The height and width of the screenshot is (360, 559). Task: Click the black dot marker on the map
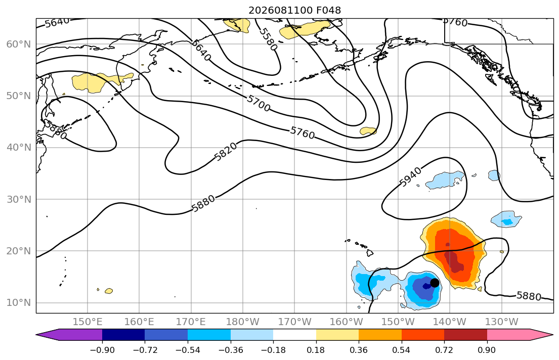tap(435, 283)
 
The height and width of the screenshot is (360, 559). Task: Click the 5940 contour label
tap(410, 176)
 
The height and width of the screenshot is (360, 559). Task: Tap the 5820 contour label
tap(226, 152)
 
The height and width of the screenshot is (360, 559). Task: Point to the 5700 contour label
tap(259, 103)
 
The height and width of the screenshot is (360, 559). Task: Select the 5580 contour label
tap(268, 39)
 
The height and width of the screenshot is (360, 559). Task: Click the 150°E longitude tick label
tap(88, 322)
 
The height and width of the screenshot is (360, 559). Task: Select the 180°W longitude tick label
tap(243, 322)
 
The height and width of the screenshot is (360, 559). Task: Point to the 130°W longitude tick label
tap(502, 322)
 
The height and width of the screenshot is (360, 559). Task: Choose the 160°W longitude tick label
tap(346, 322)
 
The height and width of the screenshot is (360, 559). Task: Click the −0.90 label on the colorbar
tap(102, 350)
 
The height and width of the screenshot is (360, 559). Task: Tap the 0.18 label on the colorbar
tap(316, 350)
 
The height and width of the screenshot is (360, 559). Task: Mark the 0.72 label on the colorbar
tap(444, 350)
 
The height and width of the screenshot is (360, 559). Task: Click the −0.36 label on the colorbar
tap(230, 350)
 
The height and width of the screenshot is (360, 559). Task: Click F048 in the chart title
tap(328, 10)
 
